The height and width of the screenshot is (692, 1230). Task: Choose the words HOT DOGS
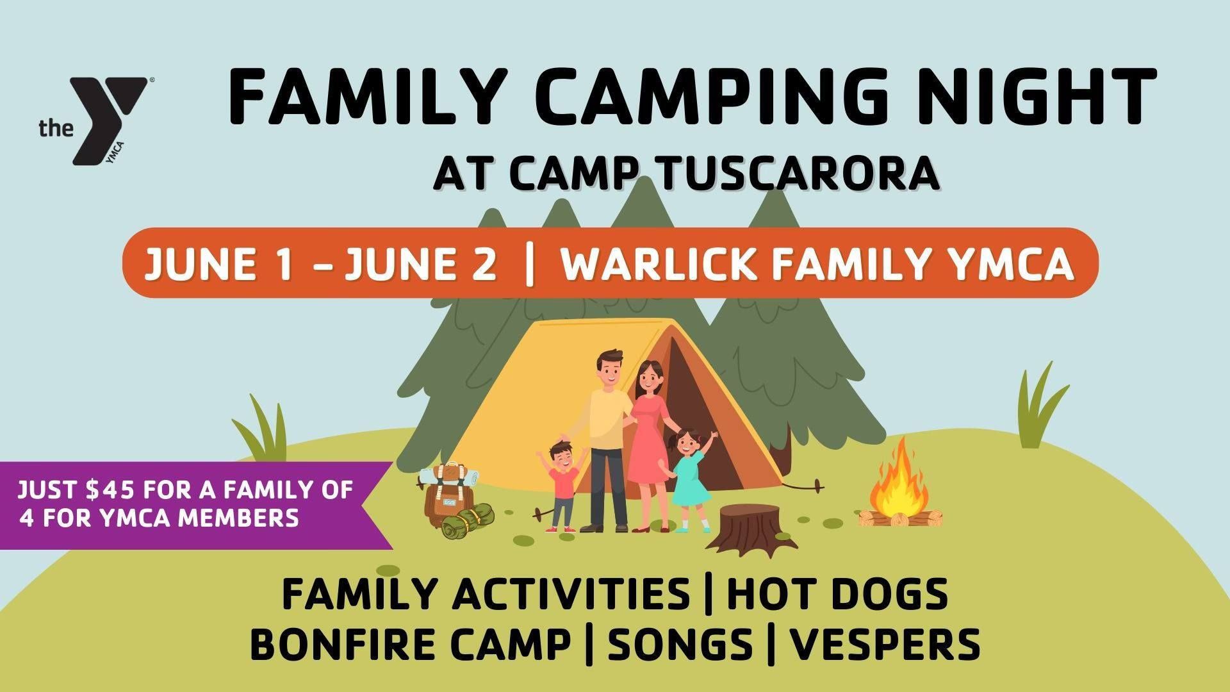pos(837,595)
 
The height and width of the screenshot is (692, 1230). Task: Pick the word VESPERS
pos(885,644)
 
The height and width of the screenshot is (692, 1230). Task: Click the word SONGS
pos(680,644)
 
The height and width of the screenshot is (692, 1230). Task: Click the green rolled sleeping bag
pos(466,520)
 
